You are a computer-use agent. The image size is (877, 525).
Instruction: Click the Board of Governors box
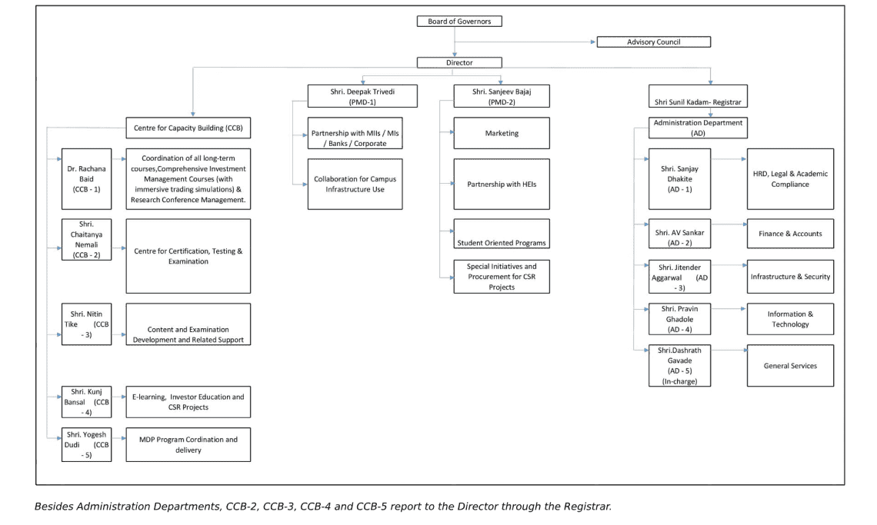(x=459, y=22)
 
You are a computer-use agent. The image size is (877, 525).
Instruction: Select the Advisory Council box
(x=653, y=42)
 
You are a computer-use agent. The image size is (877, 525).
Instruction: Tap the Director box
(x=459, y=62)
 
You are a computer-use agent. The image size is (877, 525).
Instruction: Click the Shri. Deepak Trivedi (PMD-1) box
(x=362, y=96)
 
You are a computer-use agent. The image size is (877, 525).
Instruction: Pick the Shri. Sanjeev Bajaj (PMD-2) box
(x=502, y=96)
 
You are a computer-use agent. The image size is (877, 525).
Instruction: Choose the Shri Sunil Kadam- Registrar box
(x=698, y=96)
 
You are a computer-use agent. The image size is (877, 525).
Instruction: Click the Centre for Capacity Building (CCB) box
(x=188, y=128)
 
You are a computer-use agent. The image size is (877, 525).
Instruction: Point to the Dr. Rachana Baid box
(x=87, y=179)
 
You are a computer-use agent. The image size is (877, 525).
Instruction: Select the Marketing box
(x=502, y=133)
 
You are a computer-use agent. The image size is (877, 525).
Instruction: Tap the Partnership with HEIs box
(x=502, y=184)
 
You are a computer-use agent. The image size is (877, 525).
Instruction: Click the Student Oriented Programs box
(x=502, y=234)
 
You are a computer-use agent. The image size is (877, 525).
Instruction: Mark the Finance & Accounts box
(x=790, y=234)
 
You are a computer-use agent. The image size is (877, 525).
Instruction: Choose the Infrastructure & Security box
(x=790, y=277)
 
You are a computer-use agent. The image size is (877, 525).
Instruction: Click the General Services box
(x=790, y=366)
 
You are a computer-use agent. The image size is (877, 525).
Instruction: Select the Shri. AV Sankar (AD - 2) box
(x=679, y=234)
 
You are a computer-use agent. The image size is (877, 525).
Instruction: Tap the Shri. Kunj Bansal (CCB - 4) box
(x=87, y=402)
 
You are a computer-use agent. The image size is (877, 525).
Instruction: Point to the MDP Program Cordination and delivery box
(x=188, y=444)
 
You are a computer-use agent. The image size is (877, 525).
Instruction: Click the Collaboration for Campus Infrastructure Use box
(x=355, y=184)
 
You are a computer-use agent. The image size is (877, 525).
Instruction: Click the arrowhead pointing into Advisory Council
(x=593, y=42)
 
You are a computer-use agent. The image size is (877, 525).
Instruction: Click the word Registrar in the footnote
(x=587, y=507)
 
